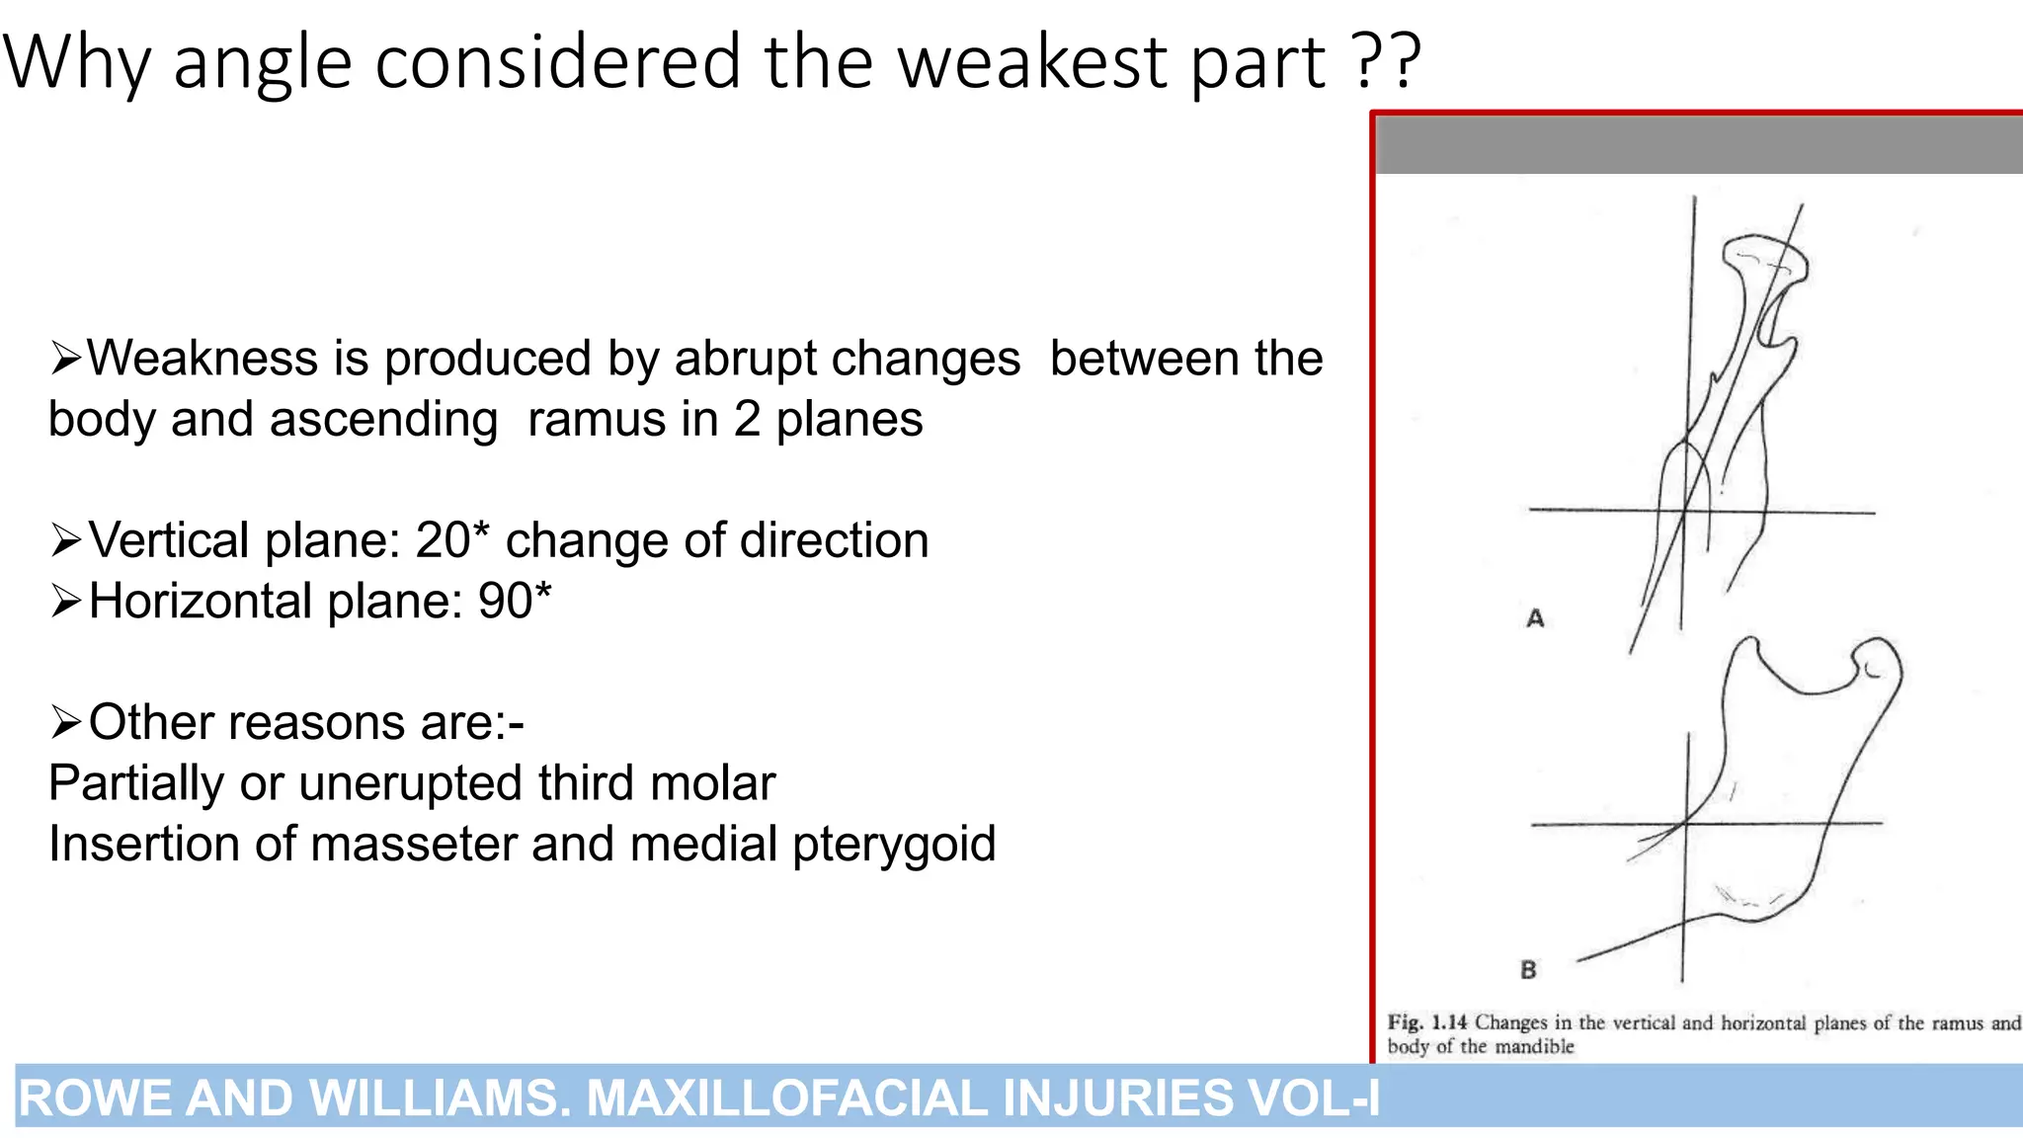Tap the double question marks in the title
point(1386,61)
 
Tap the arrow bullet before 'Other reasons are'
point(65,723)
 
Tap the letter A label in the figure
point(1535,618)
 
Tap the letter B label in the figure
point(1528,970)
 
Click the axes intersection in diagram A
point(1683,512)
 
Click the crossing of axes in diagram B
point(1686,823)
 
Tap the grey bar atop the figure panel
point(1699,145)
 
